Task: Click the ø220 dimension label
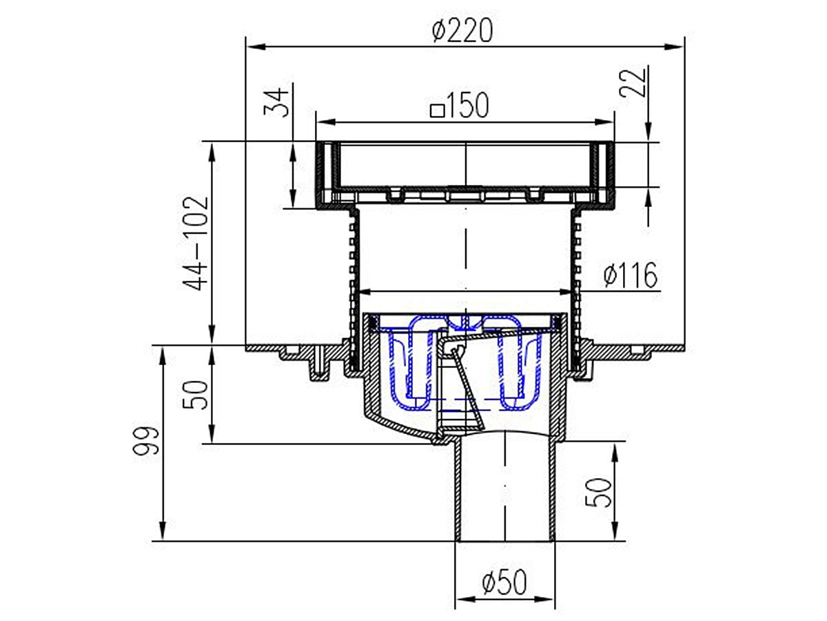[462, 30]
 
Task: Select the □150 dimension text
[460, 105]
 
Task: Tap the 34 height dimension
[278, 102]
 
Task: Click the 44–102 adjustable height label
[196, 243]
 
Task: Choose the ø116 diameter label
[631, 275]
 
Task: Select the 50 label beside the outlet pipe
[598, 493]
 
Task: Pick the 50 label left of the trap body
[195, 395]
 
